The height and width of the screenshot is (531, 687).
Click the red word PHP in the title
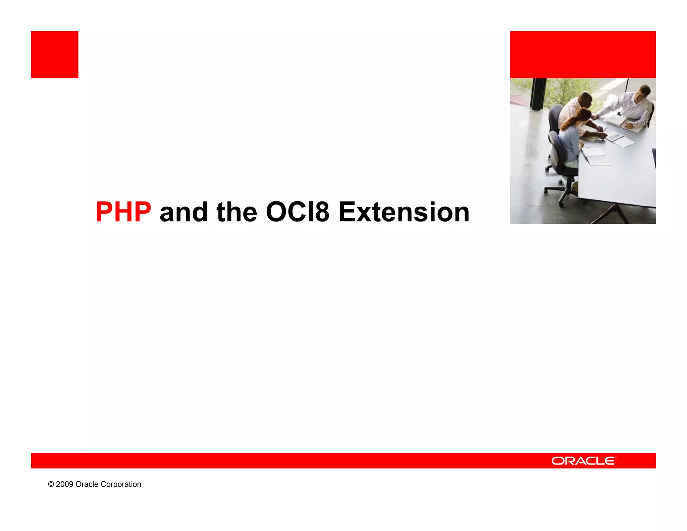click(123, 212)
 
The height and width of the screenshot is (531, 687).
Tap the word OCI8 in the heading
click(297, 212)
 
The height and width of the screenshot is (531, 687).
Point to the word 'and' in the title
click(183, 212)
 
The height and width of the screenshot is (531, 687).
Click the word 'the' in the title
click(237, 212)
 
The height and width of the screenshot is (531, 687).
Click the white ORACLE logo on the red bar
click(583, 461)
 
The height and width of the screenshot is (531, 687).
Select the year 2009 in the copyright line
click(64, 484)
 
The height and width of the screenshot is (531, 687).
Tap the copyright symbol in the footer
click(51, 484)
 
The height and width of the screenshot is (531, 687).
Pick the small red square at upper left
click(55, 55)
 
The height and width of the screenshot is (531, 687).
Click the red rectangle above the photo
click(583, 55)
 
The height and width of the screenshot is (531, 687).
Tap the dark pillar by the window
click(538, 94)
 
